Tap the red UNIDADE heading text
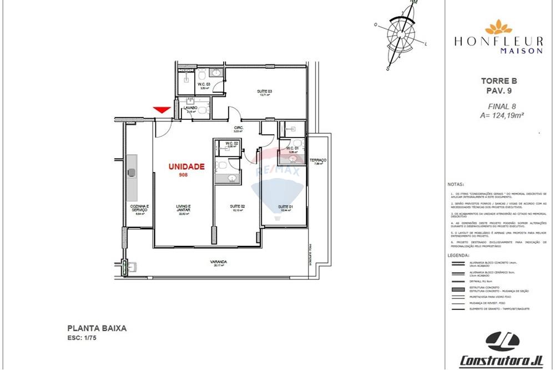pos(186,166)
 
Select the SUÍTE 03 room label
pos(264,92)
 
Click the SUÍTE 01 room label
pos(285,207)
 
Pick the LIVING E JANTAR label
pos(183,208)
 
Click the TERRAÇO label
pos(318,160)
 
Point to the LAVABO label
pos(191,108)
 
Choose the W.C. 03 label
pos(203,84)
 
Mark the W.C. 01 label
pos(293,148)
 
